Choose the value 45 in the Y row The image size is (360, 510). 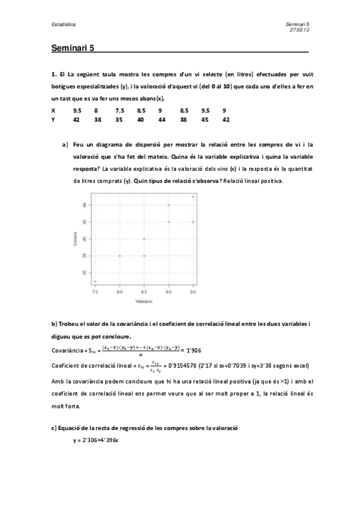pyautogui.click(x=205, y=120)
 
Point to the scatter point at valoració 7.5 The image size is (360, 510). pyautogui.click(x=95, y=281)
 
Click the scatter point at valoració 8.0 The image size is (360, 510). pyautogui.click(x=120, y=256)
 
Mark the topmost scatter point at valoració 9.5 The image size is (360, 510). pyautogui.click(x=193, y=196)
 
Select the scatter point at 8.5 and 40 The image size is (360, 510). pyautogui.click(x=144, y=239)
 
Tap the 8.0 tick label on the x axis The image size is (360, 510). pyautogui.click(x=120, y=291)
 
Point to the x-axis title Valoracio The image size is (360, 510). pyautogui.click(x=144, y=300)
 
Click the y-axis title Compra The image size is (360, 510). pyautogui.click(x=75, y=239)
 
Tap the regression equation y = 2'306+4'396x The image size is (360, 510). pyautogui.click(x=95, y=440)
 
